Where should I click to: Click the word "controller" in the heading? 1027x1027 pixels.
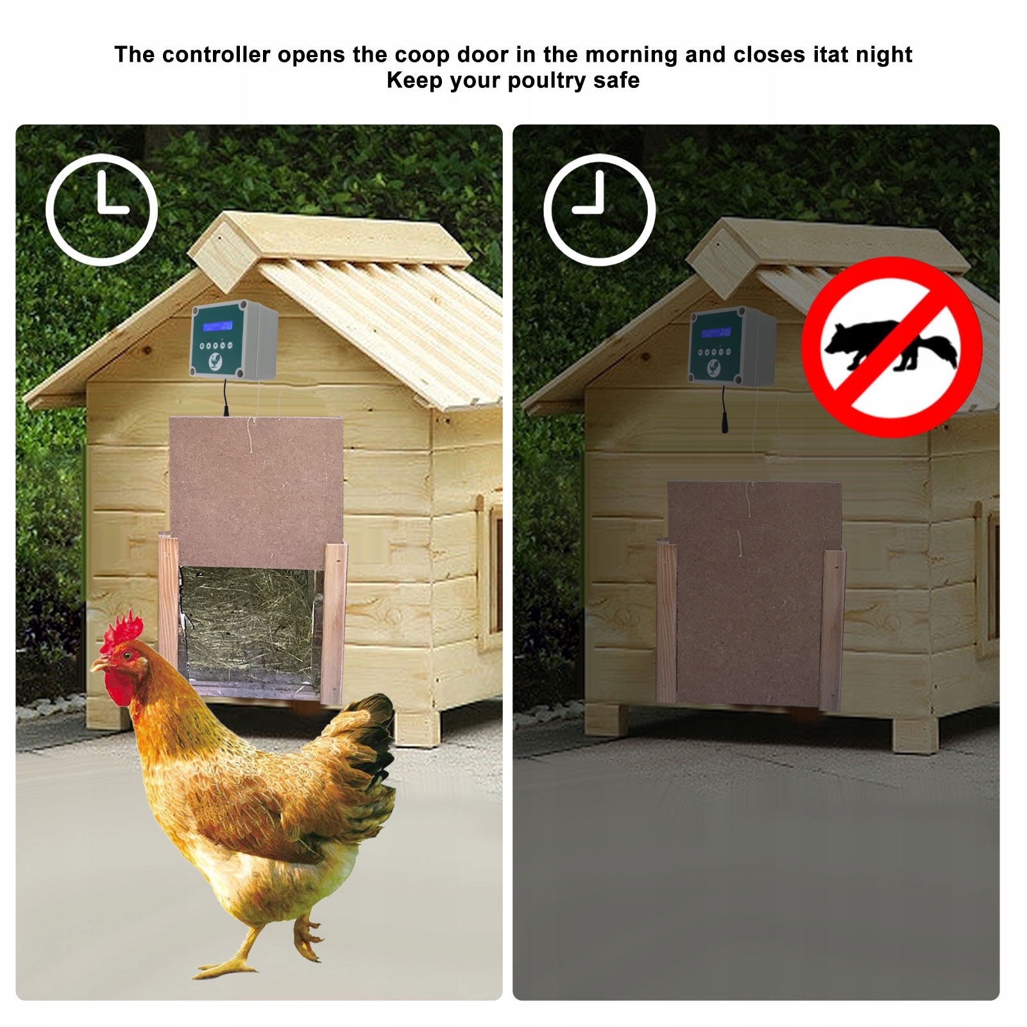coord(216,55)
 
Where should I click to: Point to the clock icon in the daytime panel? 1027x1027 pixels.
coord(102,209)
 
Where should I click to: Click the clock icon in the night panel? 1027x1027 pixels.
coord(600,209)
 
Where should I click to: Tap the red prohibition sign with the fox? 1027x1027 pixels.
coord(892,347)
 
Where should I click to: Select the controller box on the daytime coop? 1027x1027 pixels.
coord(234,340)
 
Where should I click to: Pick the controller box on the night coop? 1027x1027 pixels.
coord(732,346)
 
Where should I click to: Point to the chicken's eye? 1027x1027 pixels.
coord(128,655)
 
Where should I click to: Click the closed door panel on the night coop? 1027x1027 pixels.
coord(753,593)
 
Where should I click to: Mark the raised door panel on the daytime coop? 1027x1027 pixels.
coord(256,493)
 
